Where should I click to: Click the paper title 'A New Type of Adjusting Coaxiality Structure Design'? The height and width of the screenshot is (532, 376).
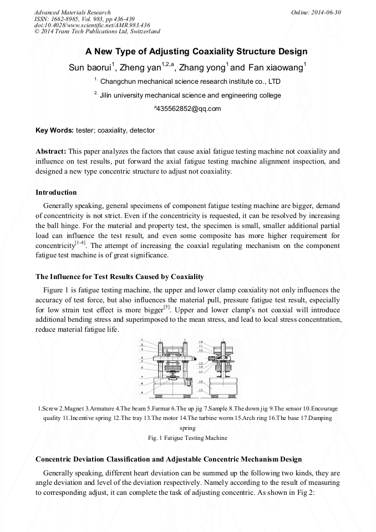tap(196, 52)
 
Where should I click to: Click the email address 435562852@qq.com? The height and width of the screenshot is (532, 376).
tap(189, 109)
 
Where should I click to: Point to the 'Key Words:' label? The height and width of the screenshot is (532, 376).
tap(54, 130)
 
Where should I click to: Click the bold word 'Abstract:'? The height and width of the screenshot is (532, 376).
tap(51, 151)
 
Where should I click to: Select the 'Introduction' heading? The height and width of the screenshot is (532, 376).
tap(56, 192)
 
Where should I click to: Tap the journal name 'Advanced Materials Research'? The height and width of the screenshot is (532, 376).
tap(73, 12)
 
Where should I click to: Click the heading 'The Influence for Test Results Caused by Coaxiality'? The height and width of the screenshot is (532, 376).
tap(120, 276)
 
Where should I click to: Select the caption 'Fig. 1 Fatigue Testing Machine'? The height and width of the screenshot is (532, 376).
tap(188, 438)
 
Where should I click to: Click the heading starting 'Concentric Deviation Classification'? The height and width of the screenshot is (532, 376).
tap(169, 459)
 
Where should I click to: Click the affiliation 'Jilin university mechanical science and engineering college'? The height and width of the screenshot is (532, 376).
tap(190, 95)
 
